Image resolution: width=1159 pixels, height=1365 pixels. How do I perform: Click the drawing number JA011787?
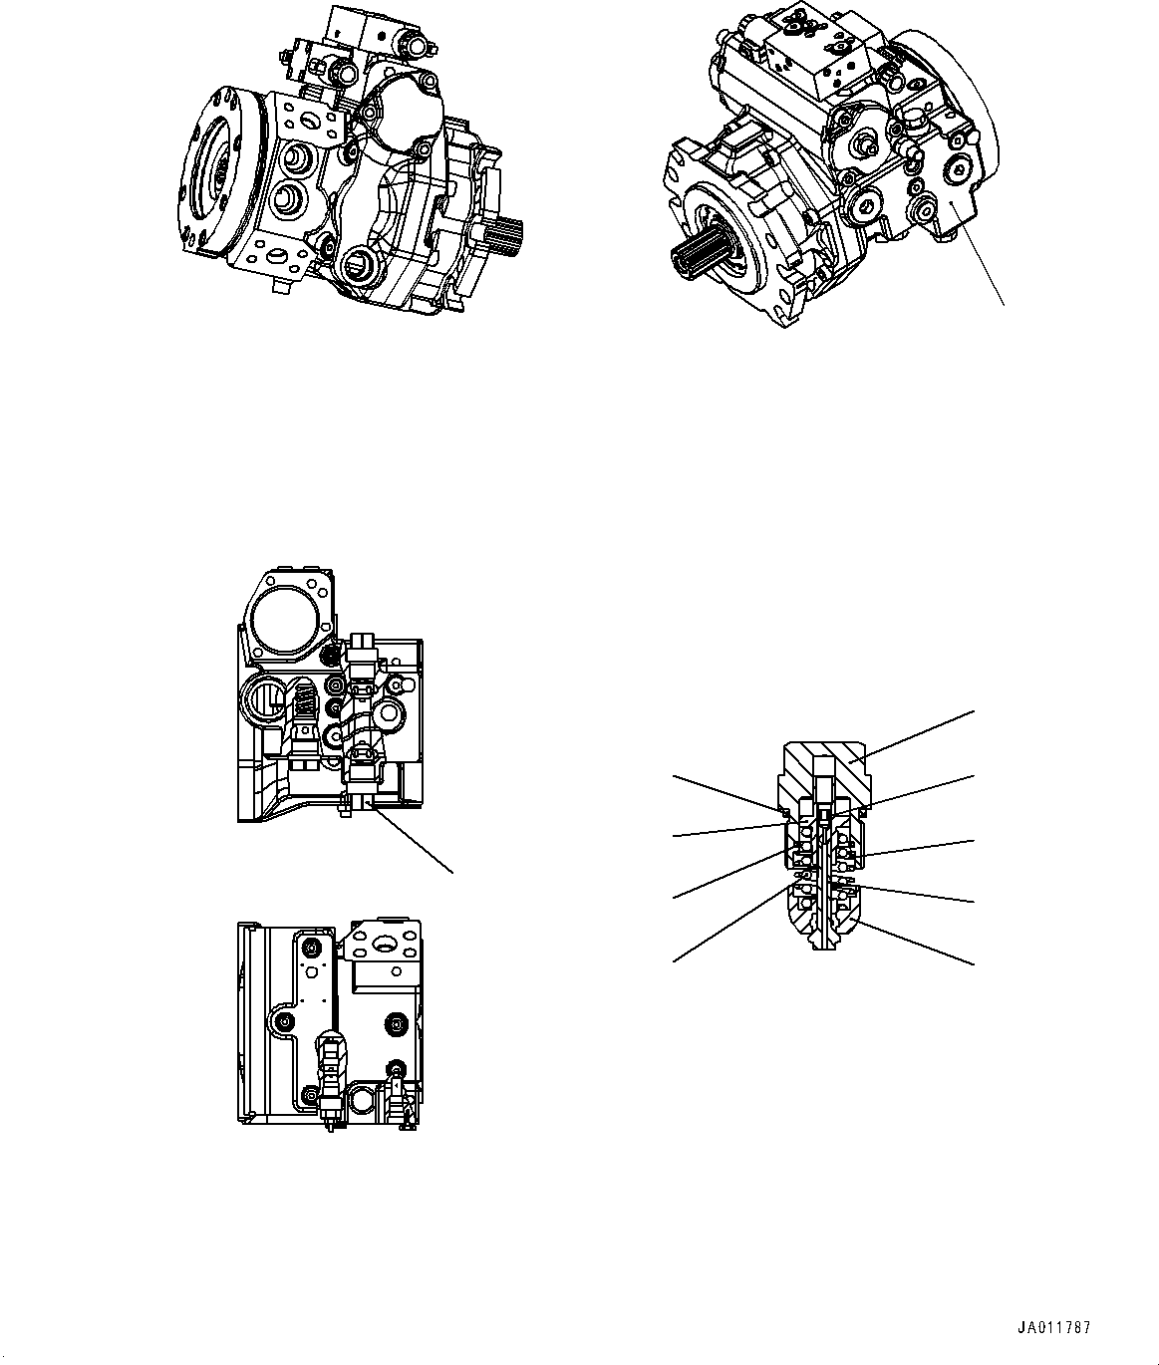[1054, 1328]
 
